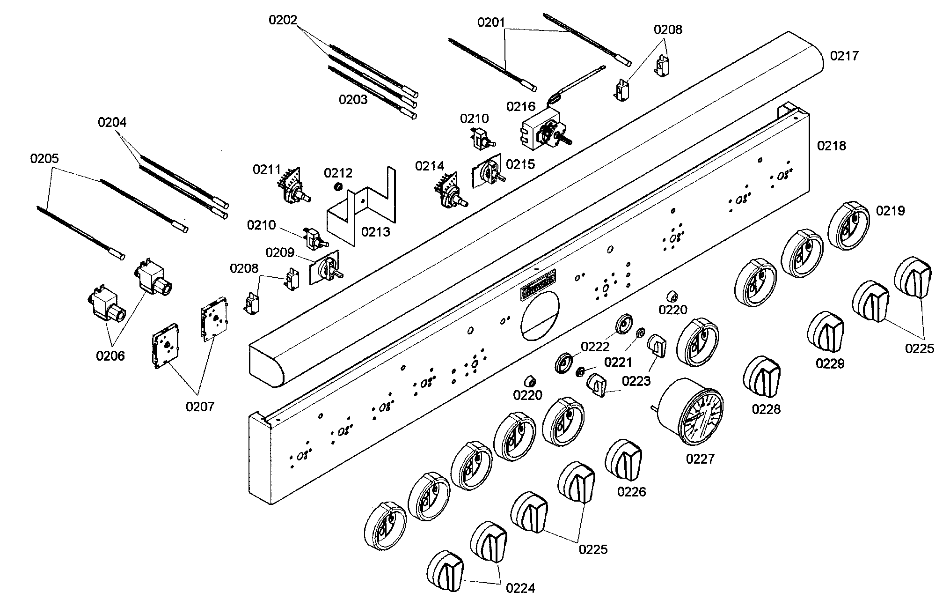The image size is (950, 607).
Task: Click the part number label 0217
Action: click(x=844, y=56)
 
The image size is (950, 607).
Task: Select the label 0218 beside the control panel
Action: click(x=832, y=146)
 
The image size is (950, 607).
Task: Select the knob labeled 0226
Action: click(x=624, y=460)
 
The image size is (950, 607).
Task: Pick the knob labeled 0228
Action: click(x=761, y=378)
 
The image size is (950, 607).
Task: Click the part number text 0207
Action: click(x=200, y=407)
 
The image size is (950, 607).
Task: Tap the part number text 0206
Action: click(x=110, y=356)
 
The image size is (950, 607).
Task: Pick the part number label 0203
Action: click(x=353, y=99)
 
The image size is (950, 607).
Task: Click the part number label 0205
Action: click(x=44, y=158)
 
